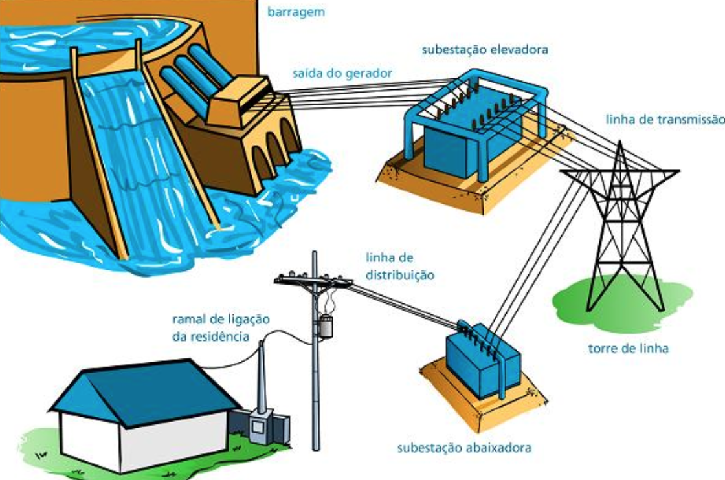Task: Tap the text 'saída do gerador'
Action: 342,74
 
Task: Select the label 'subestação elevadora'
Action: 485,49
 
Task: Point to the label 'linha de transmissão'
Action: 664,119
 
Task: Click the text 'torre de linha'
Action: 628,349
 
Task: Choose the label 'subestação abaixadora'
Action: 465,448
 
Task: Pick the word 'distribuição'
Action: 399,275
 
